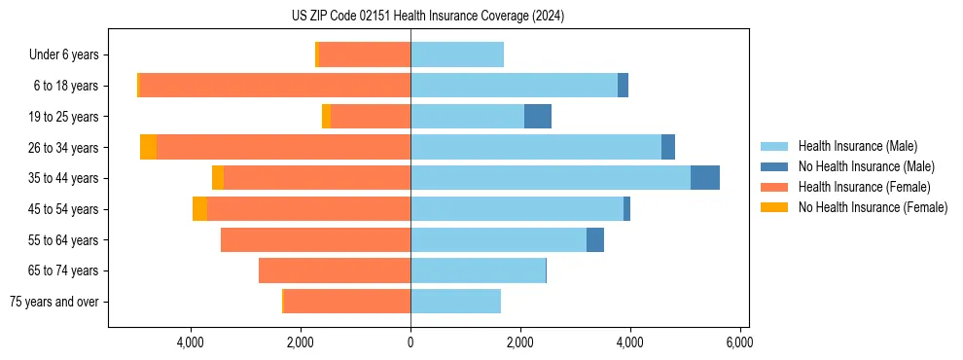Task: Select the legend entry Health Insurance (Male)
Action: (857, 146)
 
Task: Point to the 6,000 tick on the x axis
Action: (739, 342)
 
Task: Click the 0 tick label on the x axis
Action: (410, 342)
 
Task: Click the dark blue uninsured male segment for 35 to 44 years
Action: (705, 177)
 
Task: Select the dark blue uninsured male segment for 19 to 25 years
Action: (538, 116)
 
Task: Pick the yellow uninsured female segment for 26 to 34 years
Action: (148, 147)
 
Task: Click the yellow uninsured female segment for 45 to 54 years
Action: (199, 208)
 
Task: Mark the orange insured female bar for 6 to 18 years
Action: (274, 85)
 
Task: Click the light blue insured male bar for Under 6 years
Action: (457, 54)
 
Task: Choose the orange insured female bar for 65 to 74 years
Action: (335, 270)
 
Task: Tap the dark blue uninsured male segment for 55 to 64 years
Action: (595, 239)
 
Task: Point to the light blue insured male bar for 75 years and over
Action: (455, 302)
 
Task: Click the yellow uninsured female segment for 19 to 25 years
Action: (327, 116)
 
